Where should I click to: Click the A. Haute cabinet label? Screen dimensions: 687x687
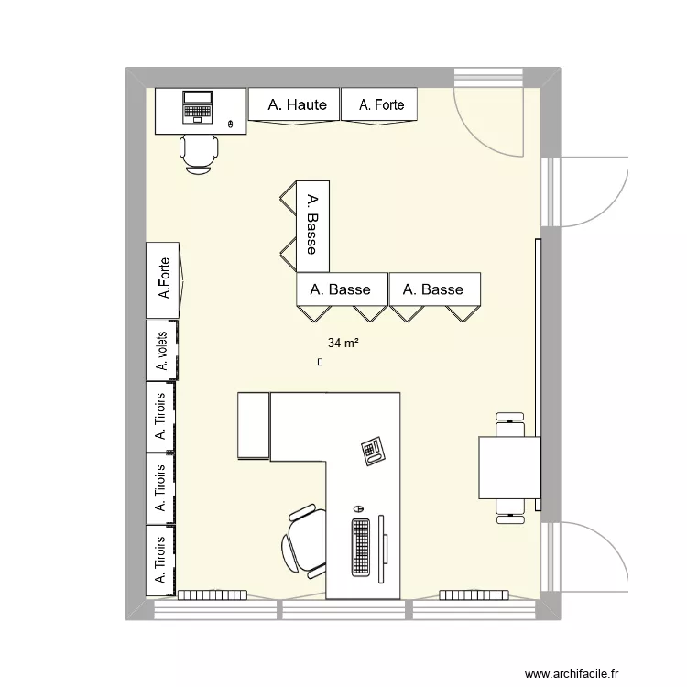[297, 105]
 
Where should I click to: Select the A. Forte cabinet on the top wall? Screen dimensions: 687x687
[380, 105]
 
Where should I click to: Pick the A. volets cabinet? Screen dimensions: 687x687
[162, 351]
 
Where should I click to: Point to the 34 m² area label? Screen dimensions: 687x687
[343, 343]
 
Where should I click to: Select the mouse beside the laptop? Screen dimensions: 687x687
[229, 124]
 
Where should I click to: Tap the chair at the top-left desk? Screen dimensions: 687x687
[199, 152]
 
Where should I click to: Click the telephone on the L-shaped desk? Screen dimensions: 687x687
[374, 451]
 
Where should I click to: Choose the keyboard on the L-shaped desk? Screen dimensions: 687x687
[360, 548]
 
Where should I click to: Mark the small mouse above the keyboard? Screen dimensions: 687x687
[358, 507]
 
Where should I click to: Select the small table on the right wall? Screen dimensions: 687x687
[509, 467]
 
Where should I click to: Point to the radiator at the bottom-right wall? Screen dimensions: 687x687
[474, 594]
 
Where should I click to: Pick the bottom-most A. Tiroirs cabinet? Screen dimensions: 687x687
[161, 560]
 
